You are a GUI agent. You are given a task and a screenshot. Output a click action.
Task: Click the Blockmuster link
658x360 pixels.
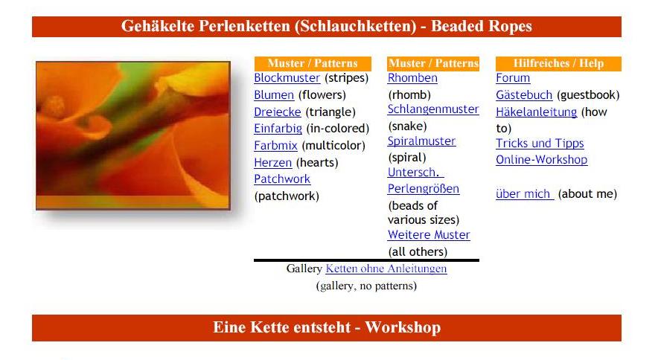tap(287, 78)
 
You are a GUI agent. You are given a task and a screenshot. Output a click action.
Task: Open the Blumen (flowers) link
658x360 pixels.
tap(274, 95)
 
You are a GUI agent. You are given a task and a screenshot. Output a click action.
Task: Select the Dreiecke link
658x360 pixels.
tap(278, 112)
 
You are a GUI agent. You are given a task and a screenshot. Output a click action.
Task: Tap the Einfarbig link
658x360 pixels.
tap(278, 129)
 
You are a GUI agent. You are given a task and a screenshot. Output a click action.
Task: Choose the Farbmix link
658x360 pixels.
tap(275, 146)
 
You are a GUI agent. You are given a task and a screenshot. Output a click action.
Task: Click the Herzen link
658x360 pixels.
tap(272, 162)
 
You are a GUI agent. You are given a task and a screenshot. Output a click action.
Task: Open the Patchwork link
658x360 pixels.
tap(282, 179)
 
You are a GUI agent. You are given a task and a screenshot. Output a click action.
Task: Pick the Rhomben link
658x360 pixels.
tap(412, 78)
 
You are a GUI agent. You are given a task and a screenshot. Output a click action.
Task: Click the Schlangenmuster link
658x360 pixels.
tap(433, 109)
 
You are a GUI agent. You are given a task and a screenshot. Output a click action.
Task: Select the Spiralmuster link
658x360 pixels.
tap(421, 141)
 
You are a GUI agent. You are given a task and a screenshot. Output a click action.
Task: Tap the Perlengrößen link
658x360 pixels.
tap(424, 189)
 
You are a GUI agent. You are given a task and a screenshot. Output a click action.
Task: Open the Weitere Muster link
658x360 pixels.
tap(429, 235)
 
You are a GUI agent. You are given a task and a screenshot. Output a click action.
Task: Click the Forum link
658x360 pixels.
tap(513, 78)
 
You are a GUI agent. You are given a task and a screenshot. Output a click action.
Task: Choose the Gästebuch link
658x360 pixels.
tap(524, 95)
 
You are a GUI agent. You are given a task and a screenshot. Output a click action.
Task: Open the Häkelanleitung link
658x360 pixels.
tap(537, 112)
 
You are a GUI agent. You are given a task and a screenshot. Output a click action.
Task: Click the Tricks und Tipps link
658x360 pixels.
tap(540, 144)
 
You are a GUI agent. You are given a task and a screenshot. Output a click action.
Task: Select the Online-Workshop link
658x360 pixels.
tap(542, 160)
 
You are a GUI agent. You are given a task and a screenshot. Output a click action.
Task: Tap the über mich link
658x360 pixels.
tap(525, 194)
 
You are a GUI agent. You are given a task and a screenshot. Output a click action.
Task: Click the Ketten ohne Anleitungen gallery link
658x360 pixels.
tap(386, 269)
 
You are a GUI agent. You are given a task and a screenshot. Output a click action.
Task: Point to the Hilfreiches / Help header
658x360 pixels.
tap(558, 63)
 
